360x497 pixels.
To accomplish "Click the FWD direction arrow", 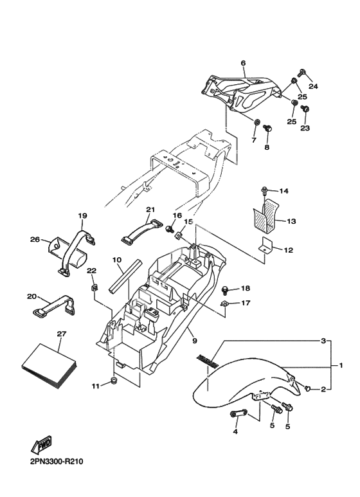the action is (x=42, y=444).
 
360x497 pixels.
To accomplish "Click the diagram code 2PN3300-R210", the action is (x=57, y=462).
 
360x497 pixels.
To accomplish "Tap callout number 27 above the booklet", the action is (x=62, y=334).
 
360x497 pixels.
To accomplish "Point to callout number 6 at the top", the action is (x=243, y=63).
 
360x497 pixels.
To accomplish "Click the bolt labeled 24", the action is (x=301, y=72).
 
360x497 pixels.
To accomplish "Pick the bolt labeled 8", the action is (x=268, y=129).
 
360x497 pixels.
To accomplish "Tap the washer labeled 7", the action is (x=257, y=122).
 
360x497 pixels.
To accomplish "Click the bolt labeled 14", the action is (x=264, y=190).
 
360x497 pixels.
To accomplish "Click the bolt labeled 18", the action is (x=225, y=289).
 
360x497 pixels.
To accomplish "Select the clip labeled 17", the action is (x=224, y=304).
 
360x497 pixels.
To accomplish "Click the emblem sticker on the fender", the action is (x=207, y=361).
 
